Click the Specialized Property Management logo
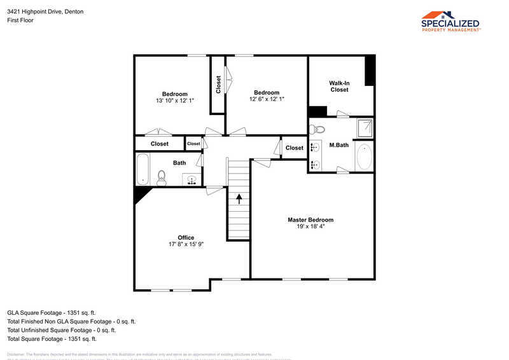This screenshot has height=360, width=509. click(x=451, y=21)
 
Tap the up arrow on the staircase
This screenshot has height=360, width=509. click(x=239, y=198)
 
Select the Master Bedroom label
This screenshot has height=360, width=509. click(x=310, y=220)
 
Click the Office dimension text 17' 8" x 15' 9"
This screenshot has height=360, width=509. click(x=186, y=244)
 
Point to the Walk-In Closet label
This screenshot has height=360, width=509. click(x=339, y=87)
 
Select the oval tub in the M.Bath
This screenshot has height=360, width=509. click(x=363, y=157)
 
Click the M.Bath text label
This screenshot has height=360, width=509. click(x=338, y=145)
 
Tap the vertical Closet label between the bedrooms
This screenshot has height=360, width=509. click(x=218, y=85)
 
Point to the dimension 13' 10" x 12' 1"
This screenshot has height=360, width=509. click(x=174, y=100)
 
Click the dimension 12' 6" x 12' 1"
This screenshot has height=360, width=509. click(x=267, y=99)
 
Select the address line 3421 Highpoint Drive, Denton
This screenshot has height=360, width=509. click(x=45, y=11)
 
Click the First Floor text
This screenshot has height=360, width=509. click(x=20, y=20)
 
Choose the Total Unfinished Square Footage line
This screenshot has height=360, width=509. click(x=61, y=330)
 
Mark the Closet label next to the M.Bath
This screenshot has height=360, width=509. click(x=295, y=148)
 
